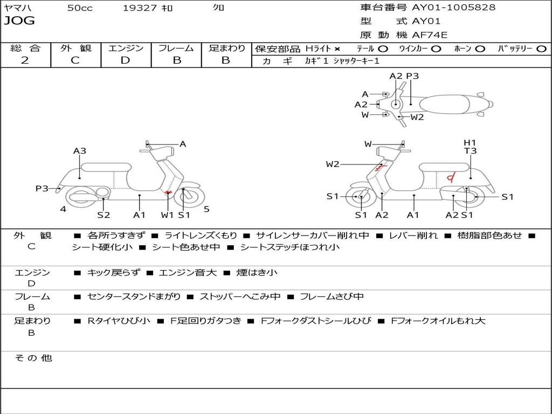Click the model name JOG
click(19, 21)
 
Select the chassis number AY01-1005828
click(453, 8)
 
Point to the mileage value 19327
click(140, 8)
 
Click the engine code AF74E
click(430, 36)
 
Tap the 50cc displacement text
click(80, 8)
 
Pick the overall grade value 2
click(25, 60)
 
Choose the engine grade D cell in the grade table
click(126, 60)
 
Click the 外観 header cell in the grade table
click(75, 48)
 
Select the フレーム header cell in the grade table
click(176, 48)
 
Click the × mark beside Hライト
click(337, 49)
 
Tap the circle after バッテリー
click(541, 49)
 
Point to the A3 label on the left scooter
click(80, 151)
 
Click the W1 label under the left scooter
click(168, 215)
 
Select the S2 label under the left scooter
click(103, 215)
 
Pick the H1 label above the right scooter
click(470, 142)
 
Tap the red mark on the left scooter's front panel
click(168, 192)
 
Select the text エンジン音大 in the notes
click(188, 273)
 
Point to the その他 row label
click(33, 358)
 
